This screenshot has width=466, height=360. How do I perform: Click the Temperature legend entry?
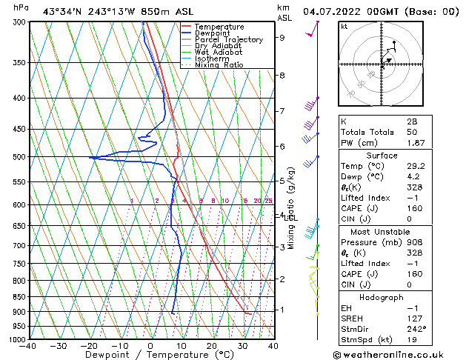[x=219, y=27]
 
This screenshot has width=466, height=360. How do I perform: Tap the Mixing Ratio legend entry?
[x=219, y=65]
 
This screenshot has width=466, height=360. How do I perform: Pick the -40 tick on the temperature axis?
[x=28, y=346]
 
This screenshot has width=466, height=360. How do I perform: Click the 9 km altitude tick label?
[x=282, y=37]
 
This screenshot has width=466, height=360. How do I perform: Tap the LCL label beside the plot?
[x=290, y=218]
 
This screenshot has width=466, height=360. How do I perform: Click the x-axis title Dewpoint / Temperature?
[x=150, y=356]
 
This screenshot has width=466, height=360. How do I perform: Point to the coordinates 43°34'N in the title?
[x=61, y=12]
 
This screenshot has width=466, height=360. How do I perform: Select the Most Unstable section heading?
[x=382, y=231]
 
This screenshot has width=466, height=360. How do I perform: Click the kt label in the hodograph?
[x=344, y=27]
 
